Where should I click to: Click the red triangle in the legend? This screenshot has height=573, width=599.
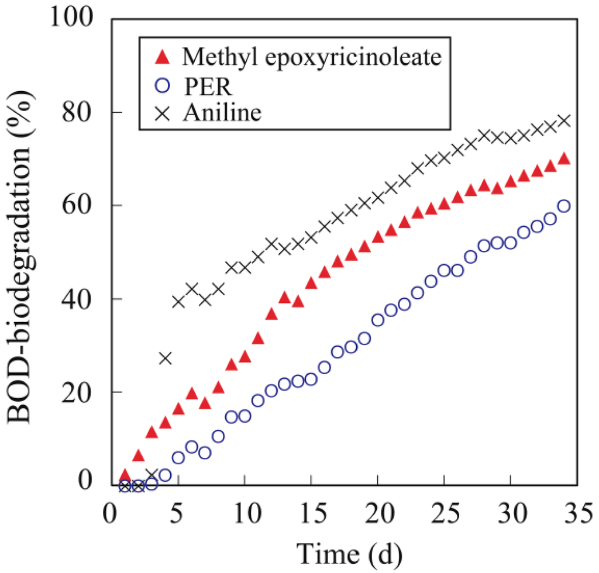[x=164, y=58]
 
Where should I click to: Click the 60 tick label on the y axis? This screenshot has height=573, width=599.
[x=84, y=206]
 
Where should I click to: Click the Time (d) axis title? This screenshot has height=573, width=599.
[x=350, y=551]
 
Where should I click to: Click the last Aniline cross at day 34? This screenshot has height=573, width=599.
[x=564, y=121]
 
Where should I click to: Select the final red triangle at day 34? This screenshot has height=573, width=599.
[x=564, y=158]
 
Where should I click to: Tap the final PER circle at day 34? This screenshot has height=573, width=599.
[x=564, y=206]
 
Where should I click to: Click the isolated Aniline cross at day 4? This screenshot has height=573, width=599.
[x=165, y=358]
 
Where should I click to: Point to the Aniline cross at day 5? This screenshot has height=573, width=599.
[x=178, y=302]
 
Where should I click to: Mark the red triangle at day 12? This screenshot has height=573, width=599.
[x=271, y=314]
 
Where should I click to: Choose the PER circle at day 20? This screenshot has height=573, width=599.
[x=378, y=320]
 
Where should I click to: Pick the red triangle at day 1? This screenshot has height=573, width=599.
[x=125, y=475]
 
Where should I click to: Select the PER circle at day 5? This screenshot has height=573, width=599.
[x=178, y=458]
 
